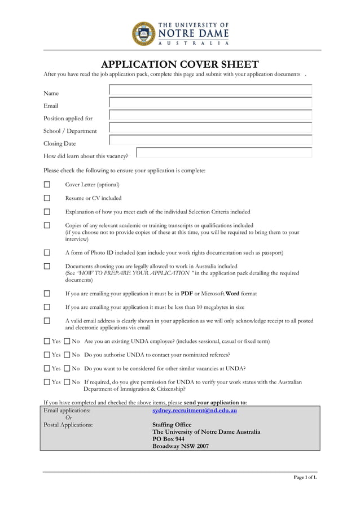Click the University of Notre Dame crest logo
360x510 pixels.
pos(143,33)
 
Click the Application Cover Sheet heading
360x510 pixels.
pos(179,64)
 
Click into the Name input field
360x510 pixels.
pos(210,90)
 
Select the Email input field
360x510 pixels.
pos(210,103)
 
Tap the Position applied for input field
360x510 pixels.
pos(210,115)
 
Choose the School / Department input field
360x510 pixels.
pos(210,128)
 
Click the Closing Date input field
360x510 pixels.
pos(210,140)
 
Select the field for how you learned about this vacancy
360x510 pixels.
pos(224,152)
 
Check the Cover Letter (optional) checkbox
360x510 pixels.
pos(47,184)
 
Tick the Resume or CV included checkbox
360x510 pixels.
pos(47,198)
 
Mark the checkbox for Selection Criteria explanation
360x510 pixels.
pos(47,212)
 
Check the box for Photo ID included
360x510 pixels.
pos(47,252)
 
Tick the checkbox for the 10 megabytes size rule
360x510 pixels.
pos(47,307)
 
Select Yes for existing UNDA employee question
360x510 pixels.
pos(47,342)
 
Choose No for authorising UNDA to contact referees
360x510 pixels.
pos(67,355)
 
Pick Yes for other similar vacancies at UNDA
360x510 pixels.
pos(47,369)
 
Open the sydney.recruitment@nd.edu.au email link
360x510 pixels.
pos(195,411)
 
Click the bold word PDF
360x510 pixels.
pos(186,294)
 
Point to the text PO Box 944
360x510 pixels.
pos(168,439)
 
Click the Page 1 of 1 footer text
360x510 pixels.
pos(305,478)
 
